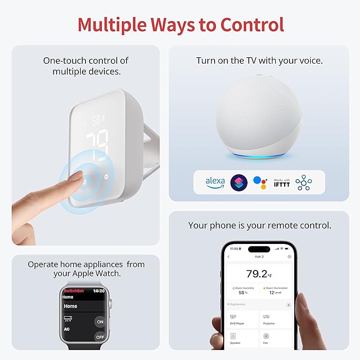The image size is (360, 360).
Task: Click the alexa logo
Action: (215, 182)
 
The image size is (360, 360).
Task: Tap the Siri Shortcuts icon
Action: (239, 182)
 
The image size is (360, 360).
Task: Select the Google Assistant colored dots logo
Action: (260, 182)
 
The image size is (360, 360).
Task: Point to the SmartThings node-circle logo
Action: (304, 182)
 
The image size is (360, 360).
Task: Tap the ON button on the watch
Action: (100, 322)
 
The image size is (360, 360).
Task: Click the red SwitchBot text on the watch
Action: (74, 291)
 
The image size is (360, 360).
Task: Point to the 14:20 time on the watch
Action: (99, 291)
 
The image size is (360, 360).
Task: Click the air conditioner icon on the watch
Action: (68, 319)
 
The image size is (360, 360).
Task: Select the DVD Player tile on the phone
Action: (243, 319)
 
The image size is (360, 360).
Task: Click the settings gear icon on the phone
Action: (289, 257)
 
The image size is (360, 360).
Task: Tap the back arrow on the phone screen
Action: (229, 257)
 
